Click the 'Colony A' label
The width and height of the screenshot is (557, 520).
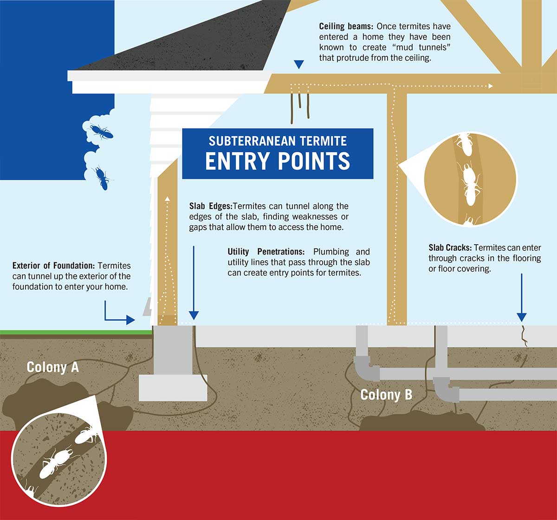pyautogui.click(x=52, y=367)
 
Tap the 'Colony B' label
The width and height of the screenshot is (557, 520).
pyautogui.click(x=386, y=395)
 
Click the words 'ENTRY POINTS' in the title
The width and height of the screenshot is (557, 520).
pyautogui.click(x=278, y=161)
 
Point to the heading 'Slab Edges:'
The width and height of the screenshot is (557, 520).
pyautogui.click(x=210, y=206)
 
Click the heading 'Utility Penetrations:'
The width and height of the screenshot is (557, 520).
pyautogui.click(x=266, y=252)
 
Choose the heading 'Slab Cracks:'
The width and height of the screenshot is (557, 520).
pyautogui.click(x=450, y=248)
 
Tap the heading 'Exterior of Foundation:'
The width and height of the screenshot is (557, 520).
pyautogui.click(x=53, y=266)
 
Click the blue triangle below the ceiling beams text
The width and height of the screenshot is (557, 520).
pyautogui.click(x=299, y=65)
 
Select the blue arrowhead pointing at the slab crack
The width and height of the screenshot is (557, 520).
pyautogui.click(x=522, y=317)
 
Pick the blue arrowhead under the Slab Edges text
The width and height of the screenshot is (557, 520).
pyautogui.click(x=194, y=315)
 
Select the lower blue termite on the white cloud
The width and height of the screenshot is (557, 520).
pyautogui.click(x=102, y=177)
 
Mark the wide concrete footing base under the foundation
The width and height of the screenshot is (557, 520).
pyautogui.click(x=173, y=388)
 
